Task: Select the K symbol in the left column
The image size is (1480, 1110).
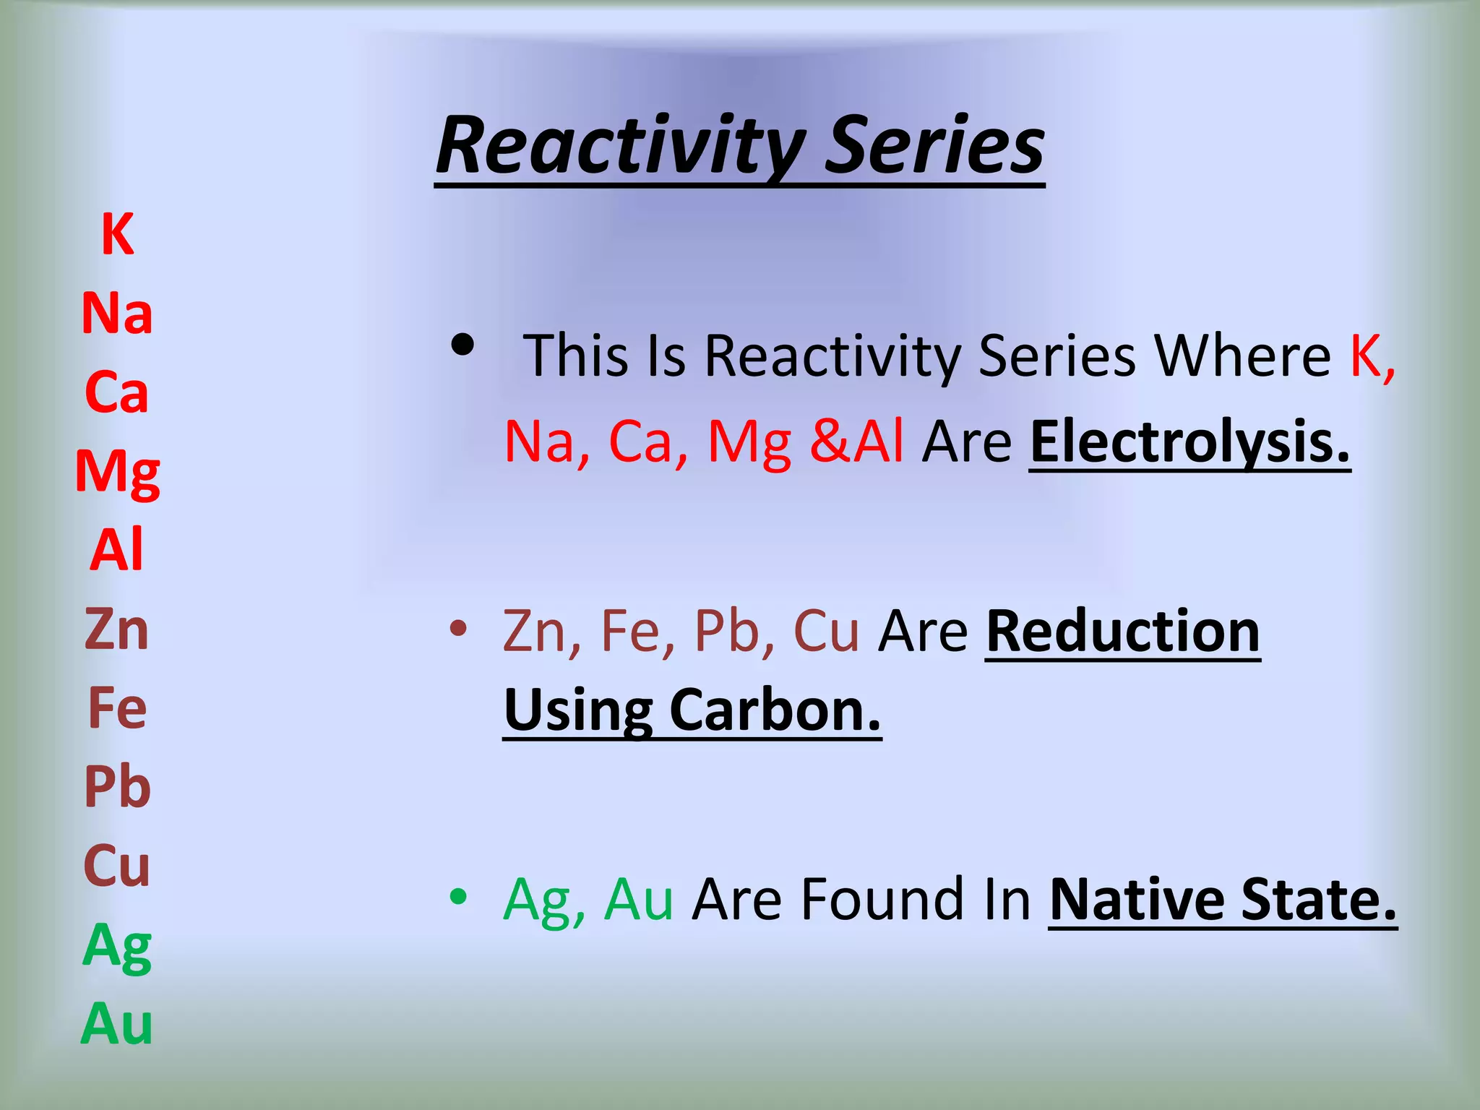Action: [x=117, y=235]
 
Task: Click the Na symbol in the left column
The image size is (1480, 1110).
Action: [x=117, y=314]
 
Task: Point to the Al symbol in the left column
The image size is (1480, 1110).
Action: [x=117, y=550]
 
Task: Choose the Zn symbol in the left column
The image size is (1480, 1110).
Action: [x=117, y=629]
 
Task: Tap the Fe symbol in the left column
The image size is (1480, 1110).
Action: [x=117, y=708]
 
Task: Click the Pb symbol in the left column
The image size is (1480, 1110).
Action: [x=117, y=787]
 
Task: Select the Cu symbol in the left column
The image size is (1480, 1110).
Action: [x=117, y=866]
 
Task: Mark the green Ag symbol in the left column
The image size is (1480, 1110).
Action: [x=117, y=947]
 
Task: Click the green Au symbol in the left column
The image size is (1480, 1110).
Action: [x=117, y=1024]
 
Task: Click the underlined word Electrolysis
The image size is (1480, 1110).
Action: [x=1189, y=442]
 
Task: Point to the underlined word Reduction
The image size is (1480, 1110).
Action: [x=1122, y=632]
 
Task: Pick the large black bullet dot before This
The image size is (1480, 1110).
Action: [x=462, y=345]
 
